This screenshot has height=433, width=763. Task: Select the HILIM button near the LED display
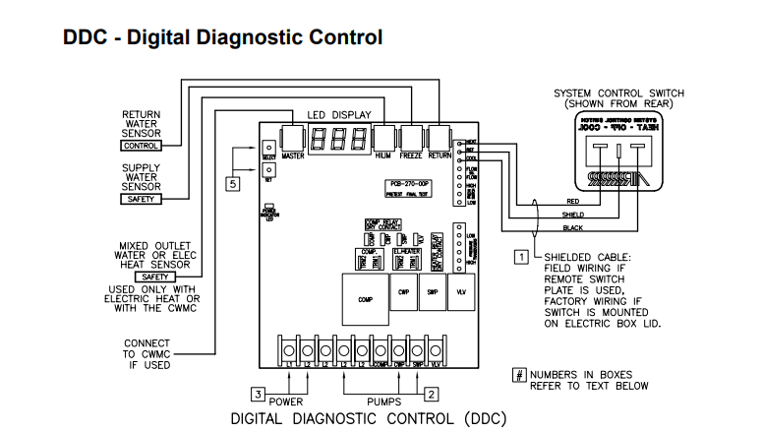click(x=384, y=138)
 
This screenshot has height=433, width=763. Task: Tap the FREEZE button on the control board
click(x=411, y=138)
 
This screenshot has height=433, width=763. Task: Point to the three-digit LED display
click(x=338, y=138)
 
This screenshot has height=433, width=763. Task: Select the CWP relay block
click(x=403, y=292)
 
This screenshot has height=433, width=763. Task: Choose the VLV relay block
click(x=461, y=292)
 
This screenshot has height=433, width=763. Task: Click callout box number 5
click(x=233, y=183)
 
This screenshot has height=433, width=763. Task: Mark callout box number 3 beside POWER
click(x=259, y=394)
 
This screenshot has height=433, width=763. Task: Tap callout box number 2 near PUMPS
click(x=431, y=394)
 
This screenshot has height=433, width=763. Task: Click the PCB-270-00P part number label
click(x=404, y=184)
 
